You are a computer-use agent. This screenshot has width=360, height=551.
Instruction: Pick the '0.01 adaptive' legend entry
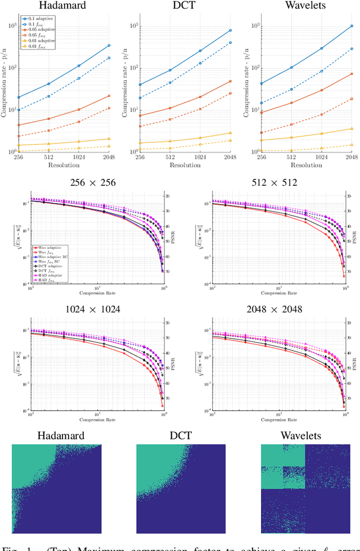40,41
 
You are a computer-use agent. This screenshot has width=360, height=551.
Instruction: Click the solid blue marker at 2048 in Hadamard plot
109,46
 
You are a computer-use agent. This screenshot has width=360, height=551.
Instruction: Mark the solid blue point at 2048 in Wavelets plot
352,26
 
